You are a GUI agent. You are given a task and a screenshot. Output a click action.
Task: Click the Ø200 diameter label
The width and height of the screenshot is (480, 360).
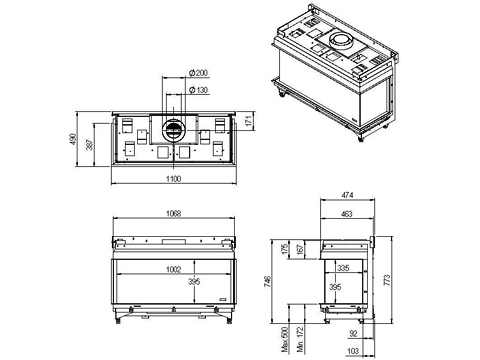[198, 73]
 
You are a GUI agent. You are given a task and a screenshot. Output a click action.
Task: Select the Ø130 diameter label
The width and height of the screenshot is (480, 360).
[198, 90]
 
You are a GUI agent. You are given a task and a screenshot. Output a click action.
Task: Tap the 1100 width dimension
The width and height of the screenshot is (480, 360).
[174, 179]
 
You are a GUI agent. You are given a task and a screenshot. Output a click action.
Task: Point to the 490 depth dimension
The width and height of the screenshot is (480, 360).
[73, 139]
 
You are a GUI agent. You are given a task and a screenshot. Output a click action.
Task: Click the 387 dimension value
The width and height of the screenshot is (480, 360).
[90, 144]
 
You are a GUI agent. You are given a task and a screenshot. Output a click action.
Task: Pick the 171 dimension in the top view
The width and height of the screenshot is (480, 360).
[248, 121]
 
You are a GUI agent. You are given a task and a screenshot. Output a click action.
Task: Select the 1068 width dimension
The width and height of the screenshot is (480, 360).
[174, 213]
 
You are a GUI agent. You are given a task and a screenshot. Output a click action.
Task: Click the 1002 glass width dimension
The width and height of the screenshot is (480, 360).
[174, 269]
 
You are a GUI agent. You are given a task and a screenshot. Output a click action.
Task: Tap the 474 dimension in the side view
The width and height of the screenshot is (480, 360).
[347, 195]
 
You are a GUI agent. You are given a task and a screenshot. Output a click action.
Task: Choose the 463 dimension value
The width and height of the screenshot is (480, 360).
[347, 214]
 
